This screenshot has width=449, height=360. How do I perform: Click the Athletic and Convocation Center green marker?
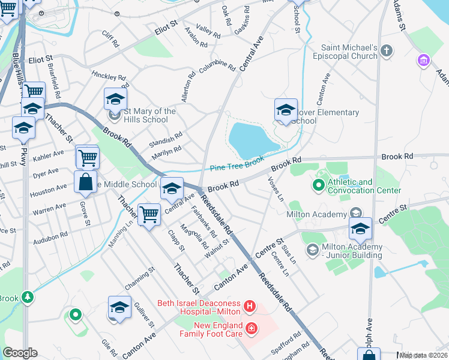pyautogui.click(x=319, y=186)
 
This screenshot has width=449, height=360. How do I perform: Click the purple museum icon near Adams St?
pyautogui.click(x=424, y=61)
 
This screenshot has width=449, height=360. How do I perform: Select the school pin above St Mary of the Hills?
pyautogui.click(x=115, y=99)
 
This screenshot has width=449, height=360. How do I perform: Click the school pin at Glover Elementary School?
pyautogui.click(x=286, y=110)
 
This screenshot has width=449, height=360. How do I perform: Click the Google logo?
pyautogui.click(x=19, y=353)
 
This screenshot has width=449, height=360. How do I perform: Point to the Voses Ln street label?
pyautogui.click(x=276, y=188)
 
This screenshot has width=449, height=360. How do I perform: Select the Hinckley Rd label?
pyautogui.click(x=109, y=77)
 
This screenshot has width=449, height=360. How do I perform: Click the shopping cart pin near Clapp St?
pyautogui.click(x=148, y=214)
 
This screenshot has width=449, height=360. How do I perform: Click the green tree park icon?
pyautogui.click(x=27, y=297)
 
